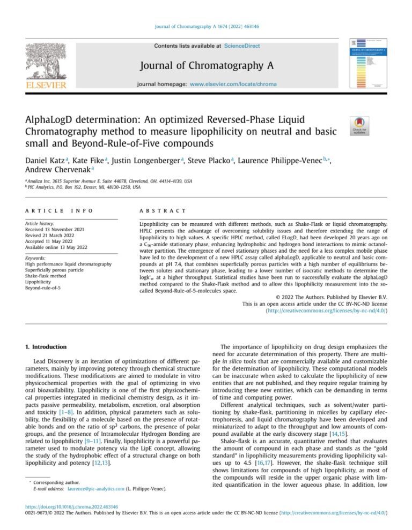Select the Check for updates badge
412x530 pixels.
tap(359, 126)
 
